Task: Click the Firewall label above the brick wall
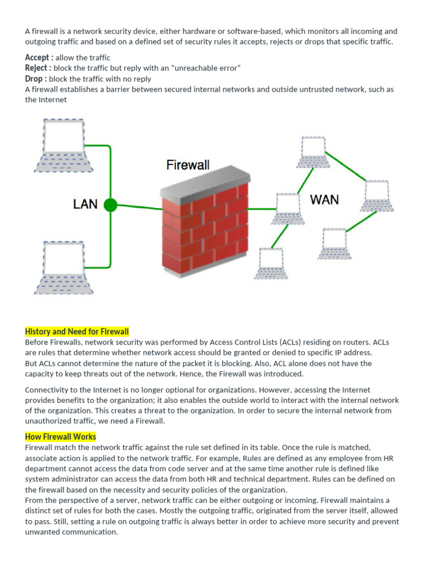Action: [188, 165]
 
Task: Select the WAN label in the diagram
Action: [324, 199]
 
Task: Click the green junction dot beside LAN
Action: [111, 205]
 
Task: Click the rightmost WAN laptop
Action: [377, 196]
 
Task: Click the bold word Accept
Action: [39, 58]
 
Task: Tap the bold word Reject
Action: [38, 68]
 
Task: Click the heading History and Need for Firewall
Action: [77, 332]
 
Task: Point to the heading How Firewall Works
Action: [61, 437]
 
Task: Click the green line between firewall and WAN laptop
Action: [261, 209]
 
